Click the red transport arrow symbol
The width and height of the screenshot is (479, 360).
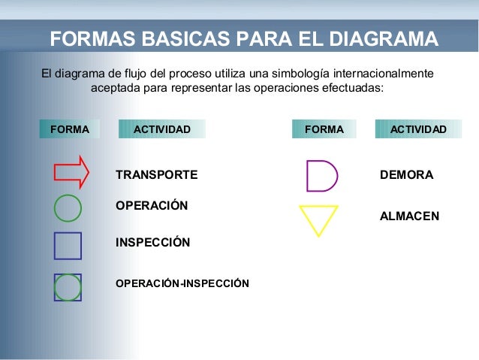point(71,171)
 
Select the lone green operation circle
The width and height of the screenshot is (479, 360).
point(68,207)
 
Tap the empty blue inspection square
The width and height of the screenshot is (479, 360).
point(68,246)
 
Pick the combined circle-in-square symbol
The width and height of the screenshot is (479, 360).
point(68,287)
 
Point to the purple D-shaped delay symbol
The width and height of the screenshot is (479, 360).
point(321,175)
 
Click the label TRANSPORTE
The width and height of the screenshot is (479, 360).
point(156,175)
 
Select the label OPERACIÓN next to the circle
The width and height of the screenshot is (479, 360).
point(152,205)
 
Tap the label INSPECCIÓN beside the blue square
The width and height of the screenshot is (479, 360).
point(152,243)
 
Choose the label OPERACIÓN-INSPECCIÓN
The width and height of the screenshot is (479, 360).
point(182,283)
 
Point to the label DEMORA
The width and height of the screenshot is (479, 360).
point(406,175)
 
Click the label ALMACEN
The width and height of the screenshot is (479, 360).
point(409,216)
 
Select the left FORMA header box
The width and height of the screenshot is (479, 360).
point(69,129)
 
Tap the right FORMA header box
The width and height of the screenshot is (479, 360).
point(324,129)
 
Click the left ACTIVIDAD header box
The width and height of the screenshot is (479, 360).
point(161,129)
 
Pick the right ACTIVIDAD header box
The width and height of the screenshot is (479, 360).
point(417,129)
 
